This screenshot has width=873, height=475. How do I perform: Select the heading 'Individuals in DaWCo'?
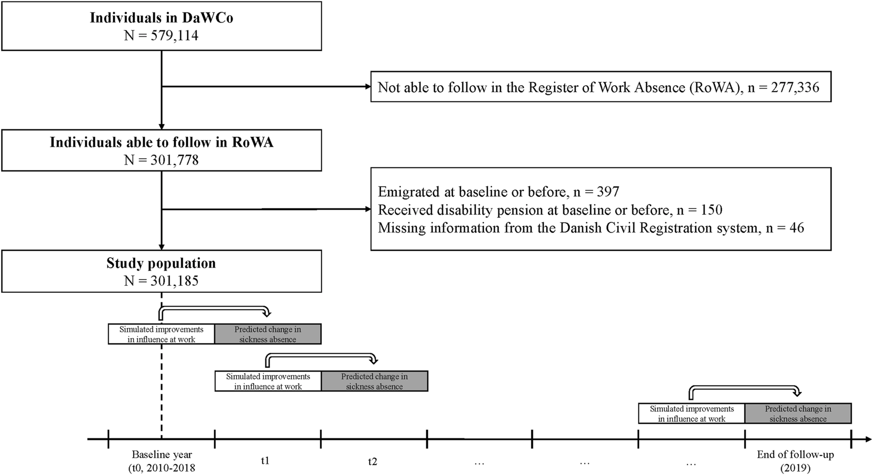pos(161,18)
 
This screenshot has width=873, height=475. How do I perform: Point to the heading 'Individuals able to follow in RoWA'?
pos(161,142)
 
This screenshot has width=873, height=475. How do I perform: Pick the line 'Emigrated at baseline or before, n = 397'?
pos(498,192)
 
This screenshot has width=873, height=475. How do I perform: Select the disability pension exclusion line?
pos(550,210)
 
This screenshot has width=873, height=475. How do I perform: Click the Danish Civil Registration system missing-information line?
pos(591,228)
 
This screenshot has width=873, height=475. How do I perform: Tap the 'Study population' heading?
pos(161,263)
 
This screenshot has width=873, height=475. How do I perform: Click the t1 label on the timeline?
pos(265,461)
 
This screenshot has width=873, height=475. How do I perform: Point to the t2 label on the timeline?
pos(372,462)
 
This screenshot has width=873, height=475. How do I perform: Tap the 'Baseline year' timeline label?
pos(162,455)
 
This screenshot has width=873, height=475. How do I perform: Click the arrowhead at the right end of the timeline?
pos(868,439)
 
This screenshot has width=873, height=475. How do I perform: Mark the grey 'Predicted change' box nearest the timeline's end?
pos(798,413)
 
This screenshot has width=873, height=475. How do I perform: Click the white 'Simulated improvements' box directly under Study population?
pos(161,334)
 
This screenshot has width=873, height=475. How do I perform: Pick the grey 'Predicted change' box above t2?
pos(374,381)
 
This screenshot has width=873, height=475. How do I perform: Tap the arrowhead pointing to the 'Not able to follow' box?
pos(368,87)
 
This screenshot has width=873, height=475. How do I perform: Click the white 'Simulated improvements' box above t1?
pos(268,381)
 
